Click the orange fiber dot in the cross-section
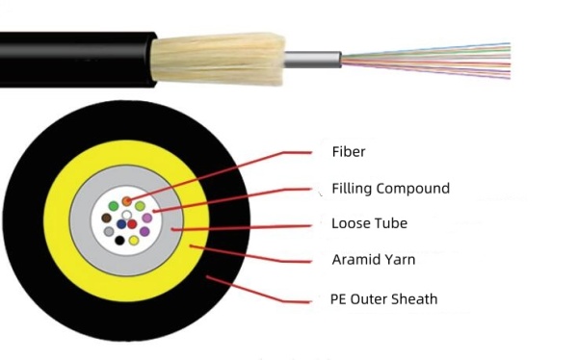click(x=126, y=201)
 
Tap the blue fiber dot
click(x=120, y=224)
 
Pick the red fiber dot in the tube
click(x=132, y=224)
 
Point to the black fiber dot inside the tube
click(x=119, y=240)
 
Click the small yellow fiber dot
click(x=133, y=240)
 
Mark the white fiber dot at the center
click(x=126, y=215)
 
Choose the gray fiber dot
click(x=109, y=232)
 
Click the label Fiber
click(x=348, y=152)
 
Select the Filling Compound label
click(x=389, y=189)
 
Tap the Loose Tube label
click(x=369, y=223)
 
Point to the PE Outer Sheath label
click(x=383, y=299)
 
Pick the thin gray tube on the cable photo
click(x=313, y=58)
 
